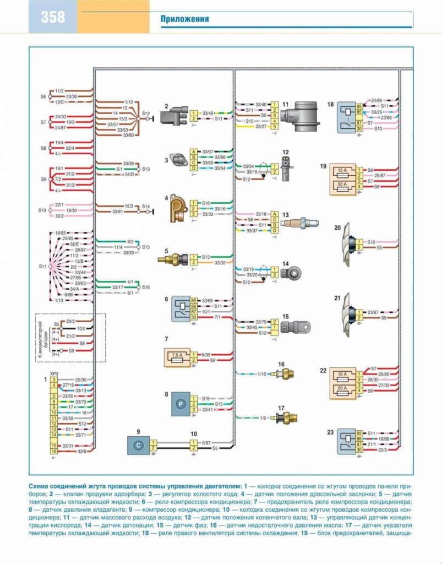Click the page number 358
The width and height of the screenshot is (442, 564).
pos(53,17)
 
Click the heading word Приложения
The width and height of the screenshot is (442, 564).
pos(184,19)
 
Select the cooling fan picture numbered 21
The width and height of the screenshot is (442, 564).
pos(350,314)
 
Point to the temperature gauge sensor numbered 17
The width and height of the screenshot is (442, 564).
pos(287,418)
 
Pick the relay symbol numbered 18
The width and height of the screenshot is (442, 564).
pos(346,117)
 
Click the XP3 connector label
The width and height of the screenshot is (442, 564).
pos(55,374)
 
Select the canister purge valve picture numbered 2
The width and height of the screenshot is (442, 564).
pos(174,116)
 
